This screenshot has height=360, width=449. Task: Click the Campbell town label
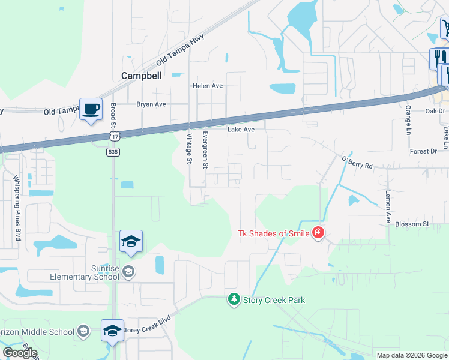[x=142, y=76]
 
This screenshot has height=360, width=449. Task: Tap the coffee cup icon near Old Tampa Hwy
[x=91, y=109]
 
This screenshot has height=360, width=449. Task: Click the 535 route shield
[x=113, y=152]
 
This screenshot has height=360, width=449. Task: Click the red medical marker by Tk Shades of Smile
[x=318, y=233]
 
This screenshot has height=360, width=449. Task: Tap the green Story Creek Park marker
[x=234, y=299]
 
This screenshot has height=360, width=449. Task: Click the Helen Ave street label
[x=208, y=86]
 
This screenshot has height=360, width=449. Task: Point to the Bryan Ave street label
[x=151, y=104]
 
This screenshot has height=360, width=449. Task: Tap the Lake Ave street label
[x=241, y=129]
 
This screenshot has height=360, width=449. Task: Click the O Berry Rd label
[x=357, y=161]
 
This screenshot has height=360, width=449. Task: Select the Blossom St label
[x=412, y=224]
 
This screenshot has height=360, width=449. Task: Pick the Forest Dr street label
[x=424, y=151]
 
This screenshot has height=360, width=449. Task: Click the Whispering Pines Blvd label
[x=17, y=208]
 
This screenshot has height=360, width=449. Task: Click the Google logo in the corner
[x=20, y=353]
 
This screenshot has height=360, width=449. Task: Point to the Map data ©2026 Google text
[x=411, y=355]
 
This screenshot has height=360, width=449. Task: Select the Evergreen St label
[x=205, y=149]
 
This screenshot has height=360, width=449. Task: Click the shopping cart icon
[x=445, y=27]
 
